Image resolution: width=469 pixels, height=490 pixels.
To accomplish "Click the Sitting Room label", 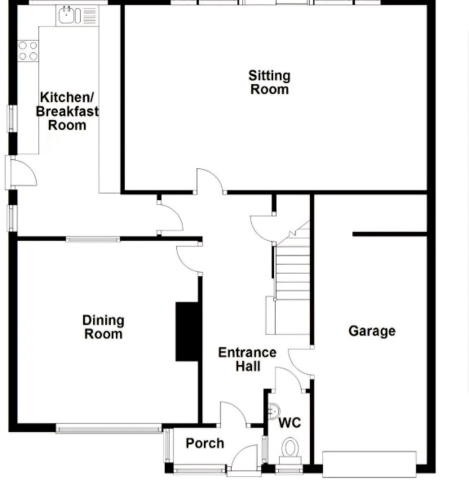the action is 269,82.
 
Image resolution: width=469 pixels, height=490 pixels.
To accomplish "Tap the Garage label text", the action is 372,332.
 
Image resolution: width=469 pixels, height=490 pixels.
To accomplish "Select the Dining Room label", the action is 104,327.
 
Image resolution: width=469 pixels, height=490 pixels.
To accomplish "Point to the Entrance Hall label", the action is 247,359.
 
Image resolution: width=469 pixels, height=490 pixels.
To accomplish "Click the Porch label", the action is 205,443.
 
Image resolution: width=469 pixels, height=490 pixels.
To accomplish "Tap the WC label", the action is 290,423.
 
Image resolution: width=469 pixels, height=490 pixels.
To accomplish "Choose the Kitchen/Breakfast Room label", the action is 67,111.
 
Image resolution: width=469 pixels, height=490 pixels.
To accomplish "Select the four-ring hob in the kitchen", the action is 28,51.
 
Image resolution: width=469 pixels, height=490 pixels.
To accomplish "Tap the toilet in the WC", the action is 290,452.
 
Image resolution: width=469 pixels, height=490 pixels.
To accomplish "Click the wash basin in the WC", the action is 274,411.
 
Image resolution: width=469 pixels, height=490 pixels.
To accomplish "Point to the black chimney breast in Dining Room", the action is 188,332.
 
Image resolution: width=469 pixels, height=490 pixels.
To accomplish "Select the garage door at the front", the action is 369,464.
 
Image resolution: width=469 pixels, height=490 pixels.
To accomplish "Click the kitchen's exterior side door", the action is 20,173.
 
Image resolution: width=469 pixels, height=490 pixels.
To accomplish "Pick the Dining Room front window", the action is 109,429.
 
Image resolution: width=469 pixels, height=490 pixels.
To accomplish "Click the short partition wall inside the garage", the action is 390,234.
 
